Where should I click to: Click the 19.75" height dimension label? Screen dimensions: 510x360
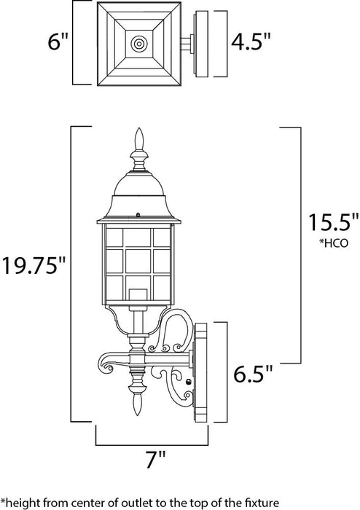click(x=34, y=263)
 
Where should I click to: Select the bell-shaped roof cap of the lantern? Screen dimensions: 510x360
click(x=137, y=192)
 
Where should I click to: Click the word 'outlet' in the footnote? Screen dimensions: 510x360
click(x=165, y=501)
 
